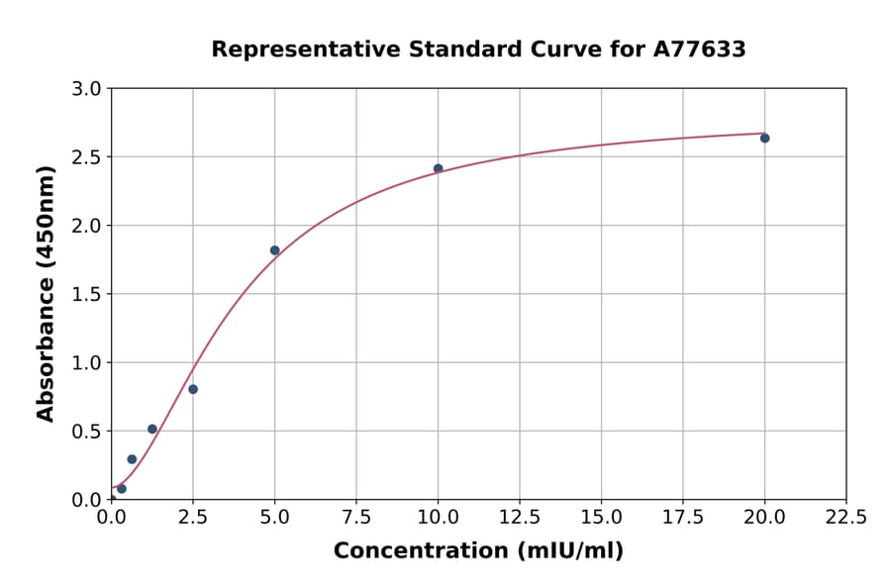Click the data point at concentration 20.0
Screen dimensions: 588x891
click(x=764, y=138)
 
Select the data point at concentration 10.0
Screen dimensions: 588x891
click(x=438, y=168)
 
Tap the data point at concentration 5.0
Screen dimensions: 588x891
click(x=274, y=250)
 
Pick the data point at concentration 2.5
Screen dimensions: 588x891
click(x=193, y=389)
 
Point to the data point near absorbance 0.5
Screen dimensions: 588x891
click(x=151, y=429)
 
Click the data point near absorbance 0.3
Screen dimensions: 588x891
click(x=132, y=459)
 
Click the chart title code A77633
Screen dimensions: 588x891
click(x=701, y=49)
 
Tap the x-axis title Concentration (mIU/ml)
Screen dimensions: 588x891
click(x=478, y=551)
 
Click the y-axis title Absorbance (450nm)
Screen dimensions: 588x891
click(x=46, y=294)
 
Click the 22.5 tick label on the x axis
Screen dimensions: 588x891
click(x=845, y=517)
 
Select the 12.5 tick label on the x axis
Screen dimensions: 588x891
click(x=519, y=517)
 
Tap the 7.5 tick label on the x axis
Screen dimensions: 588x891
click(x=356, y=517)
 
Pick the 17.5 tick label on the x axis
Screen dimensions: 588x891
click(x=682, y=517)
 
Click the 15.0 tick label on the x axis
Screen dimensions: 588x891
click(x=601, y=517)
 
